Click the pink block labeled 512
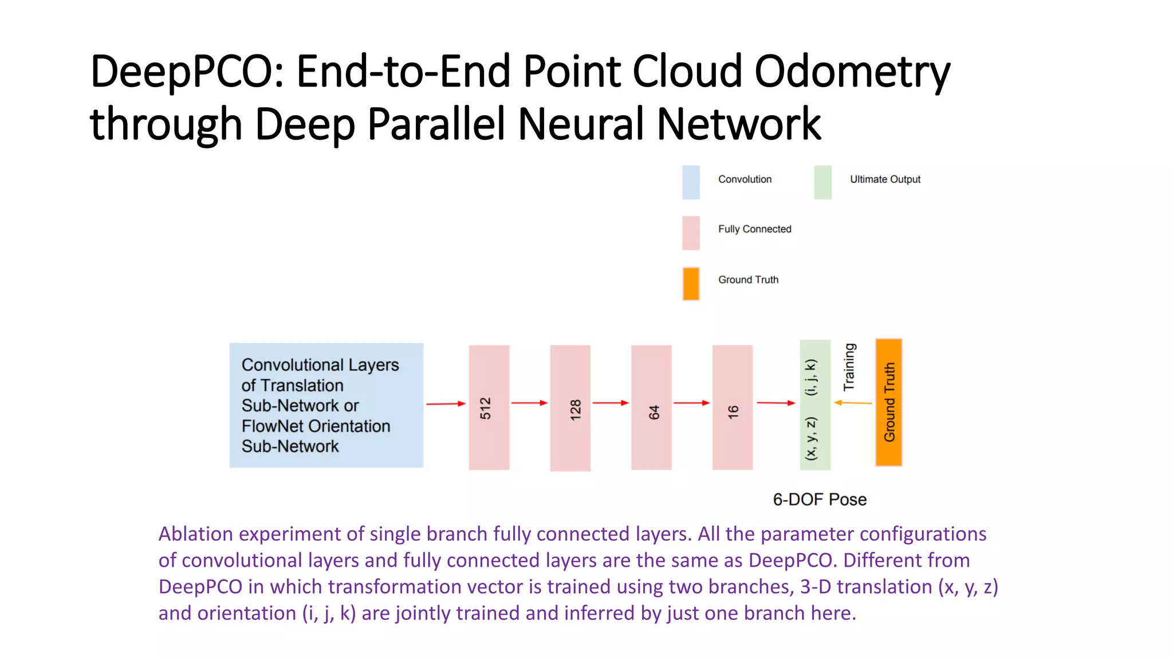point(489,407)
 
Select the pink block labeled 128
point(570,408)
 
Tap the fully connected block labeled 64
point(651,407)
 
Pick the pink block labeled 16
point(732,407)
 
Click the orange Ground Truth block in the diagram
point(888,402)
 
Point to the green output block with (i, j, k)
point(814,404)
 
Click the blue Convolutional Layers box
point(326,405)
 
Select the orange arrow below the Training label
point(853,403)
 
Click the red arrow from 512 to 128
point(529,403)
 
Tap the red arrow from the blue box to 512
point(446,404)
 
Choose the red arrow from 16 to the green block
point(776,403)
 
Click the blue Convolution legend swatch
point(691,182)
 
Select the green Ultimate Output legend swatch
point(822,182)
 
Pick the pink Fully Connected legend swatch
point(691,233)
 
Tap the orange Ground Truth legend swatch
point(691,284)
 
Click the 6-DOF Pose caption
point(819,500)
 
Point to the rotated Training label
point(849,367)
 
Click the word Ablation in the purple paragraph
point(195,534)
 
